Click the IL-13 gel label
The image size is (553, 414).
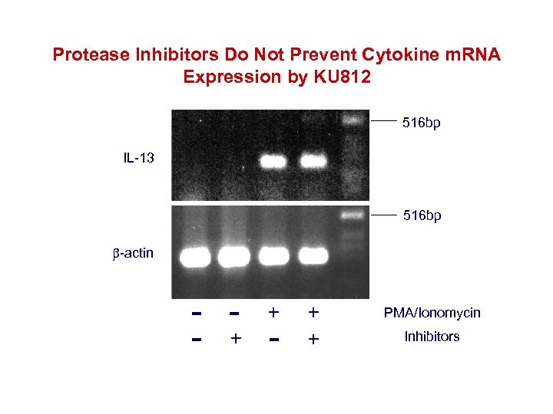pos(138,159)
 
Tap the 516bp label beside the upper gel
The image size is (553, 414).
pos(422,122)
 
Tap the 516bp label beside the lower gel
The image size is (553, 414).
pos(422,217)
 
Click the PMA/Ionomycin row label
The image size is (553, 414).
pos(432,313)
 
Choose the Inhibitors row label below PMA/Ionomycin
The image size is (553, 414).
pos(432,337)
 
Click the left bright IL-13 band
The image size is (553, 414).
pos(272,162)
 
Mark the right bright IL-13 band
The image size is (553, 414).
pos(313,162)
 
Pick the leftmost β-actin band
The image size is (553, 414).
pos(195,256)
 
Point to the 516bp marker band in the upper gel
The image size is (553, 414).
pos(353,120)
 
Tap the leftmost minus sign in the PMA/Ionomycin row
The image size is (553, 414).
pos(197,314)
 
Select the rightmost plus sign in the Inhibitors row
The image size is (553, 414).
pos(313,338)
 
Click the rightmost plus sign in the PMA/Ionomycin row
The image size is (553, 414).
pos(313,313)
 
